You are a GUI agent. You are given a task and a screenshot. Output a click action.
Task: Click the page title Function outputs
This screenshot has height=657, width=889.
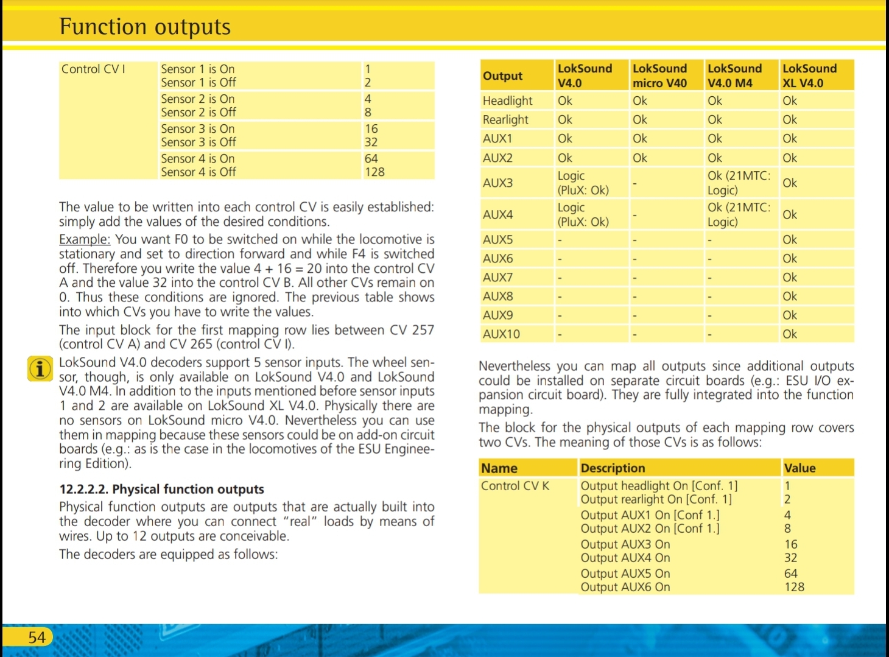coord(145,27)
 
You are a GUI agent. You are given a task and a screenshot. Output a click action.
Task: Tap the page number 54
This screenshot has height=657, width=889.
coord(37,638)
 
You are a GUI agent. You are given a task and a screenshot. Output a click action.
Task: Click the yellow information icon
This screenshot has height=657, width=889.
coord(40,369)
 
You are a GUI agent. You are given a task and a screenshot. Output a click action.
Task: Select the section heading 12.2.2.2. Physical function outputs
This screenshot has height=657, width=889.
coord(161,489)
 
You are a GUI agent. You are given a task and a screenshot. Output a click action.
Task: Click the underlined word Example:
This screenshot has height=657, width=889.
coord(85,239)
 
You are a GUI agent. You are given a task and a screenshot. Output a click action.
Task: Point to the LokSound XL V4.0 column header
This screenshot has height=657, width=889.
coord(809,76)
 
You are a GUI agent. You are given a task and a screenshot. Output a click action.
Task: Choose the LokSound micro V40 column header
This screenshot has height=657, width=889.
coord(659,76)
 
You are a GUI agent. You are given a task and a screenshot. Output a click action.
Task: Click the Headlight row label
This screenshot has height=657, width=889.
coord(507,100)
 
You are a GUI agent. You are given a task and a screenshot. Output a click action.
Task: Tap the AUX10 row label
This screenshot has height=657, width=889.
coord(501,334)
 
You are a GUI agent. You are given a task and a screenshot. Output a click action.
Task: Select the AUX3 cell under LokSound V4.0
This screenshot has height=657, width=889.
coord(583,183)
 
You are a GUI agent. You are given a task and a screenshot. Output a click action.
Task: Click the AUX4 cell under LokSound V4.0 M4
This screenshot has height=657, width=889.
coord(738,214)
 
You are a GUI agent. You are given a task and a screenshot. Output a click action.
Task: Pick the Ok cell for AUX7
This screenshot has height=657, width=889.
coord(790,277)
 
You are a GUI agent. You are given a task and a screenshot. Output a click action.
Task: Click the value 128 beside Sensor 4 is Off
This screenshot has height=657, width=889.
coord(374,172)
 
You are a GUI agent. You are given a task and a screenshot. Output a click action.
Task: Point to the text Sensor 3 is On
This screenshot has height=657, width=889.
coord(197,128)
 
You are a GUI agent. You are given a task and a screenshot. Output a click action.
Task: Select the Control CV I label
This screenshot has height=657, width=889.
coord(93,69)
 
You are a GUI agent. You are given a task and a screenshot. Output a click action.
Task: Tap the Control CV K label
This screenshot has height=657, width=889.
coord(515,486)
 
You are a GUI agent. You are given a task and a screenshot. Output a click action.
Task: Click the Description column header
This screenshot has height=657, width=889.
coord(613,468)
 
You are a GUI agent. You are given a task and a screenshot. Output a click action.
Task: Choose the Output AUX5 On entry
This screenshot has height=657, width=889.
coord(625,574)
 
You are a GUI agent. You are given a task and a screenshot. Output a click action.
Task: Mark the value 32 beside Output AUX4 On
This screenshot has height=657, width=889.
coord(790,558)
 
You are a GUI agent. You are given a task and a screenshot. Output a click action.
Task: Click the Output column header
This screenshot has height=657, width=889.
coord(502,76)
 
